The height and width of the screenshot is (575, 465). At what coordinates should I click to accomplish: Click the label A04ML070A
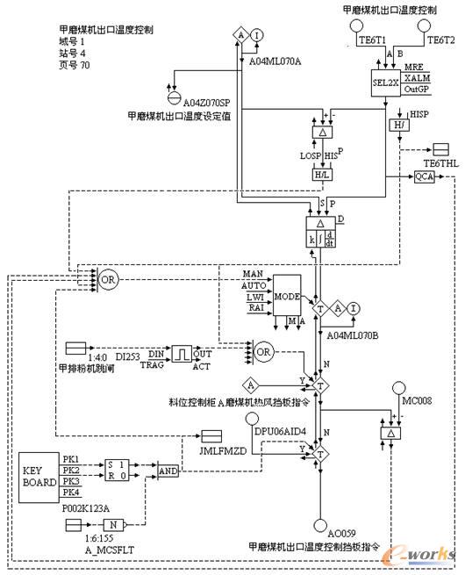point(275,62)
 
